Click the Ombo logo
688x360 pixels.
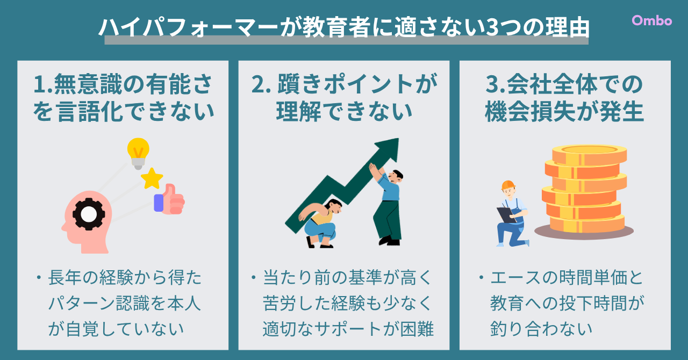click(652, 20)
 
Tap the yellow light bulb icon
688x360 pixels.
click(138, 153)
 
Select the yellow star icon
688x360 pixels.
click(152, 178)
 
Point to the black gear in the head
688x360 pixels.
click(89, 214)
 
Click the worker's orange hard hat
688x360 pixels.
click(508, 185)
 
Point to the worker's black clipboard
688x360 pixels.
click(507, 215)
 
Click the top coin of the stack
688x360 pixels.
click(589, 154)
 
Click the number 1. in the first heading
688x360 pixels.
click(43, 84)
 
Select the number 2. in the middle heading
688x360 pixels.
click(261, 84)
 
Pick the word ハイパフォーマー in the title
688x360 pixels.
click(188, 27)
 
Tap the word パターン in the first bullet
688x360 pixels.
click(82, 303)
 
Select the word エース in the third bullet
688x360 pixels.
click(515, 278)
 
